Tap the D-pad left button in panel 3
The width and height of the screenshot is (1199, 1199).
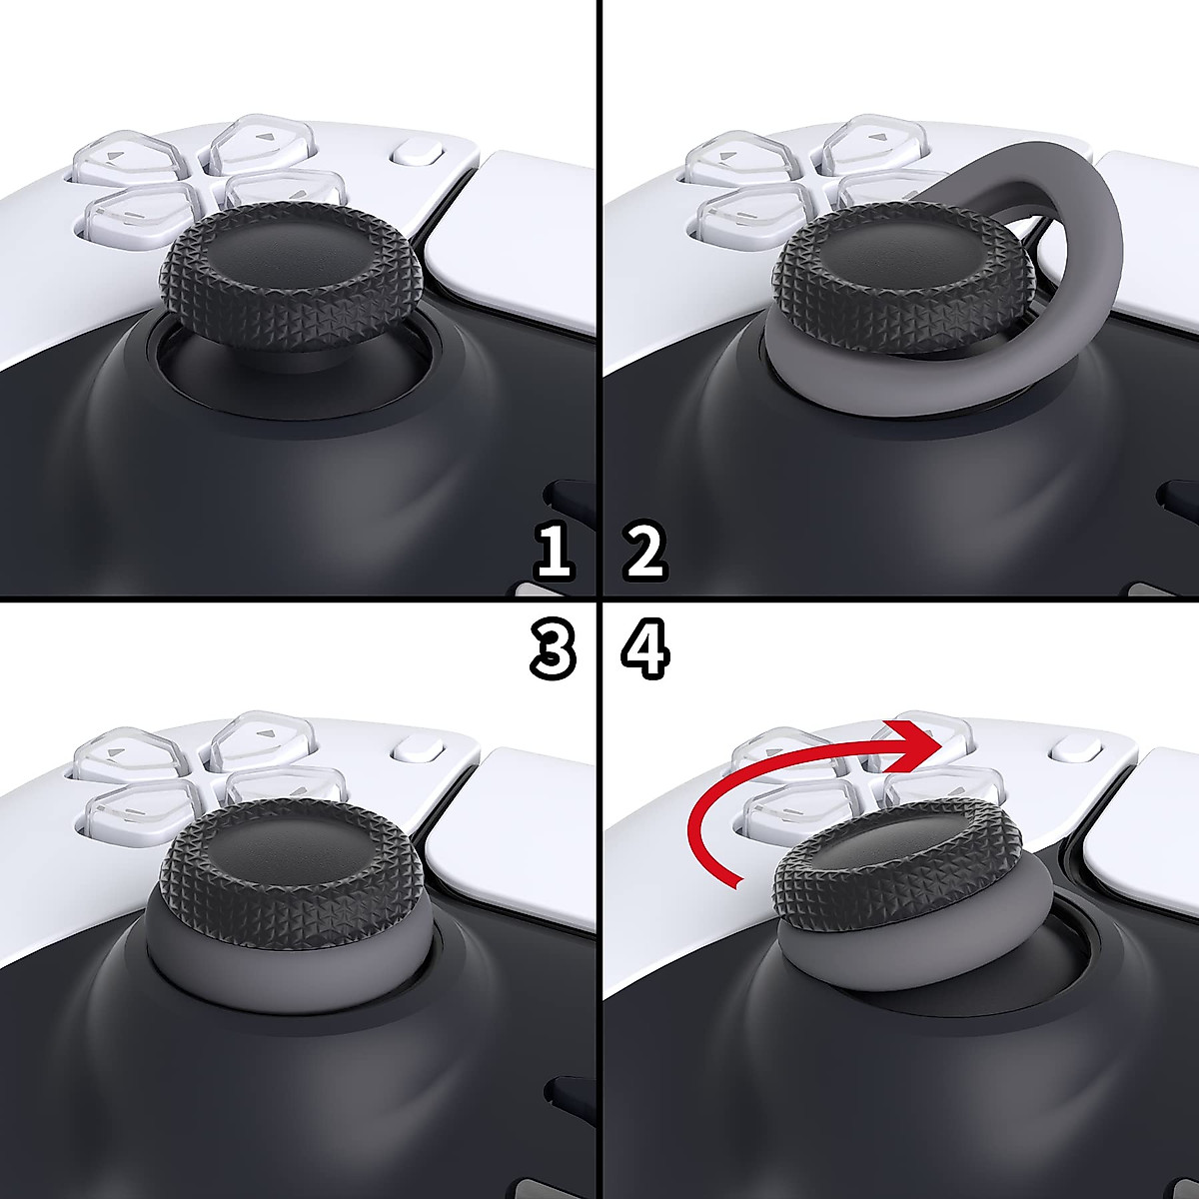point(125,755)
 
